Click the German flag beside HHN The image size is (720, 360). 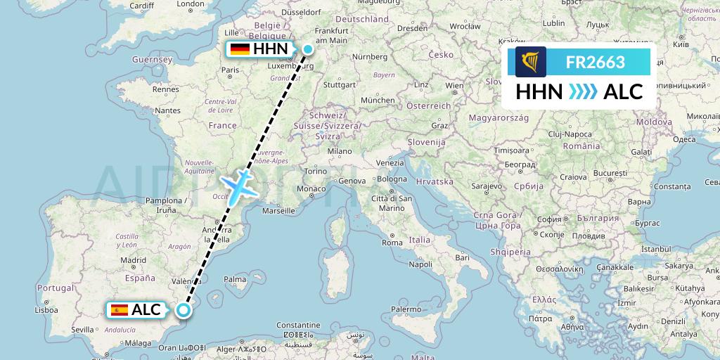(x=240, y=49)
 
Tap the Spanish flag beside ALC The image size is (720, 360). (x=119, y=309)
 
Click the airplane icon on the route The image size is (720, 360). (x=239, y=185)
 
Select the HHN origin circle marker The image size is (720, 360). (x=308, y=49)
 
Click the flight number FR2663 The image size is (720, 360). (x=595, y=63)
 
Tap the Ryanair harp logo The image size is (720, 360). (x=531, y=62)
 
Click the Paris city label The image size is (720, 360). (x=231, y=70)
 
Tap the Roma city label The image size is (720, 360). (x=392, y=243)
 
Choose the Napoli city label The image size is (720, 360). (x=421, y=264)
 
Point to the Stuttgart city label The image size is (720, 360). (x=340, y=84)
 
